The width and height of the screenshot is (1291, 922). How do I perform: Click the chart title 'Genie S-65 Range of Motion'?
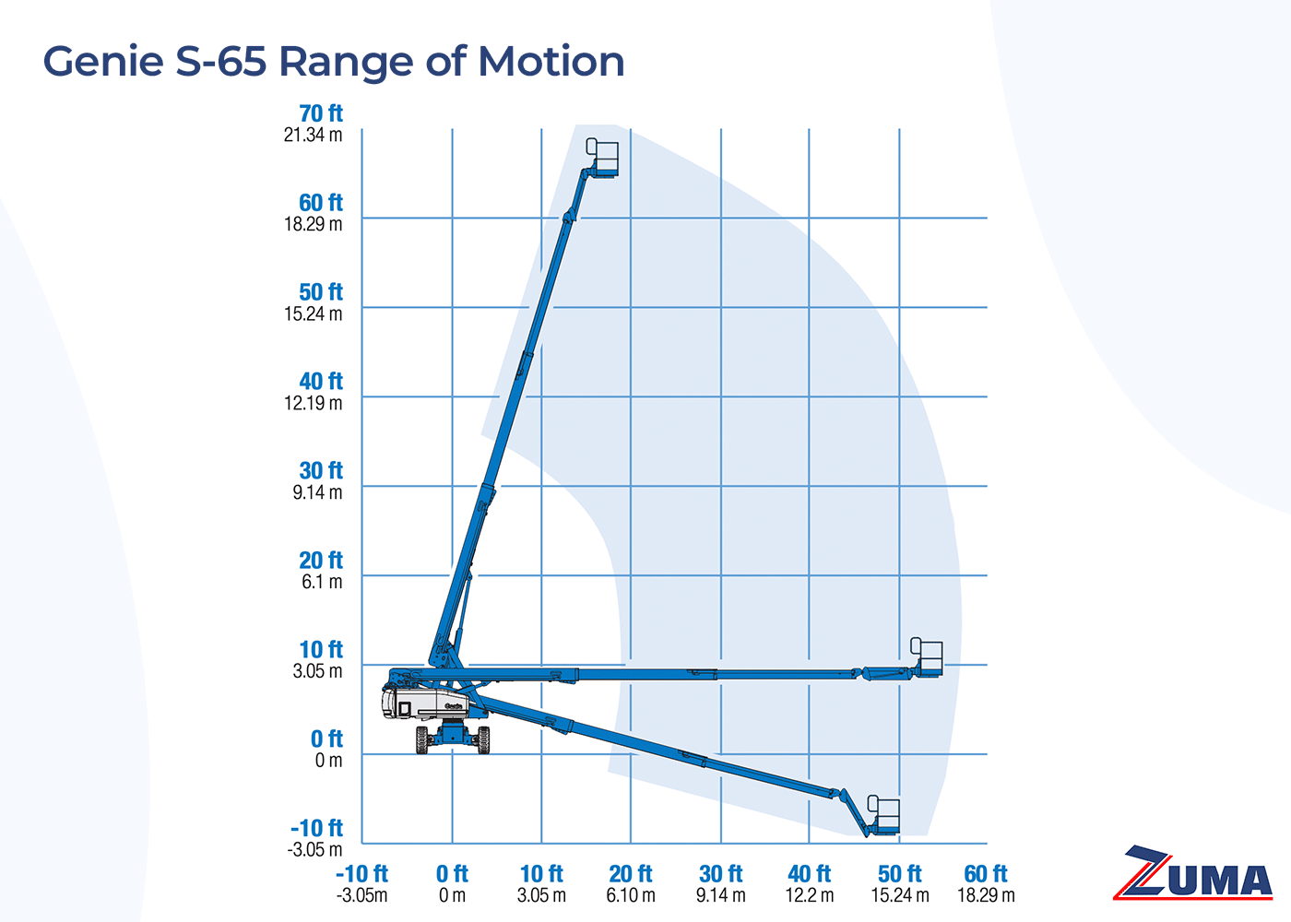point(334,62)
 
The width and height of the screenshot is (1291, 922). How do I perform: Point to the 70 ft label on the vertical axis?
point(321,113)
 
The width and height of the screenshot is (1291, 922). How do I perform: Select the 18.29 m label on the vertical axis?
point(313,224)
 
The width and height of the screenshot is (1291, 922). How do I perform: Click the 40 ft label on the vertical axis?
point(321,381)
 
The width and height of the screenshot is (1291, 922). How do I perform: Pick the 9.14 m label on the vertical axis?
point(317,492)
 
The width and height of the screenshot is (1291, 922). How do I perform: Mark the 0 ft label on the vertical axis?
point(326,739)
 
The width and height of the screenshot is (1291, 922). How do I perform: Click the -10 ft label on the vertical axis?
point(316,828)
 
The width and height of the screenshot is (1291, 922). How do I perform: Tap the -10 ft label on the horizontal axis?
point(361,873)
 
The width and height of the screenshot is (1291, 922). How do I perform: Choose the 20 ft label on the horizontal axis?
point(631,873)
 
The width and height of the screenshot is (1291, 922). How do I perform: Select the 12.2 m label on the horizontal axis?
point(810,895)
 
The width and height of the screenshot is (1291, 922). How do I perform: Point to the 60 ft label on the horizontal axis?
point(986,873)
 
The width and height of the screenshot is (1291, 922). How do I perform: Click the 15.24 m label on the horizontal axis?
point(900,895)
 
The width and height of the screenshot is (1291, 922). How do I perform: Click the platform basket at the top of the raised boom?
point(603,158)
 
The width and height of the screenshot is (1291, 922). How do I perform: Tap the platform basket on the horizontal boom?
point(927,657)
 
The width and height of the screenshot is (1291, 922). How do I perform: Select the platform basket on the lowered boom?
point(883,816)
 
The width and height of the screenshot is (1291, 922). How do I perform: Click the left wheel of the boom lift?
point(422,739)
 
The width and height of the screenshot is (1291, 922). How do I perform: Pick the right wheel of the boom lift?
point(483,739)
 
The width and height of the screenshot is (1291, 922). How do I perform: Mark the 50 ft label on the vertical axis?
point(321,291)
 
